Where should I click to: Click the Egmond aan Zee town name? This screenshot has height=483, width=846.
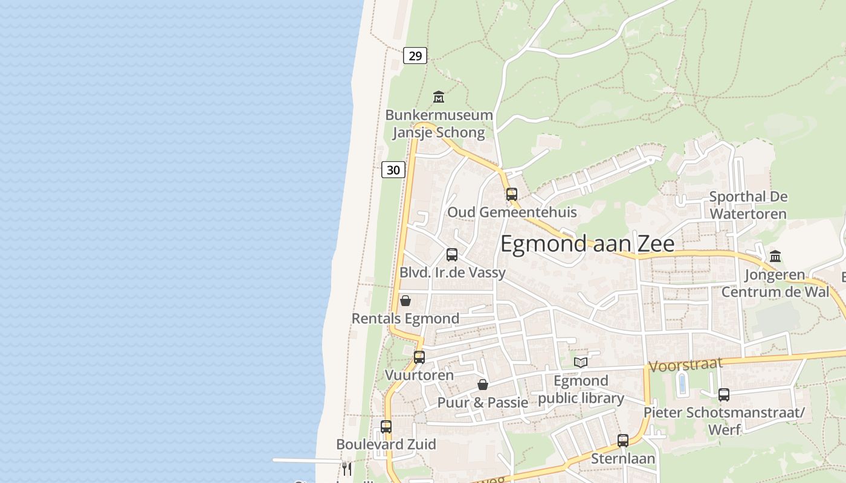587,243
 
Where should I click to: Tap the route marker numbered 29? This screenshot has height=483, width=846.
415,56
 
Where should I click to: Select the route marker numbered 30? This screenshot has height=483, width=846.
393,170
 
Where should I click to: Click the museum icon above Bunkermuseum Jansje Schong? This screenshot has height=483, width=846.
439,97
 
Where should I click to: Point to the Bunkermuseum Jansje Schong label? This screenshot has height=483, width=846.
439,124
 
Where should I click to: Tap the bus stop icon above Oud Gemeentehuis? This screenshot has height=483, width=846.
511,194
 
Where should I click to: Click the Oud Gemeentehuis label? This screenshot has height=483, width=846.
511,212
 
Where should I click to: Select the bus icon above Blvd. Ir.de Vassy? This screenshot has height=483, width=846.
451,255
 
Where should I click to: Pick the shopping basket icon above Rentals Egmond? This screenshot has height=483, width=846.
405,301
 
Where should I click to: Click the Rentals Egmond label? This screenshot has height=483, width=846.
405,318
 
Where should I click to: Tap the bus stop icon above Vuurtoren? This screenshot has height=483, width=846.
419,357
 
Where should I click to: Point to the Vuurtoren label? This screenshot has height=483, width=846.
419,375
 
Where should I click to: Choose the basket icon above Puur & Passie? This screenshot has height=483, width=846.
482,385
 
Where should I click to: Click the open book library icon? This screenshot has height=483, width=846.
581,362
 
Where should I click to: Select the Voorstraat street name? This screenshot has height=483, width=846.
685,365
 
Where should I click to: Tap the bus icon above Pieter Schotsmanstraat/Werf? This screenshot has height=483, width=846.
723,395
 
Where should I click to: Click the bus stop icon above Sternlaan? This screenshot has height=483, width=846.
623,441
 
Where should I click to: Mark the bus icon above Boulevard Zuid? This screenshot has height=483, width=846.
386,427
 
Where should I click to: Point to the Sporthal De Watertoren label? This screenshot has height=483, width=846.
748,205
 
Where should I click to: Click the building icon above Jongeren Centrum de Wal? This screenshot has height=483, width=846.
775,257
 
